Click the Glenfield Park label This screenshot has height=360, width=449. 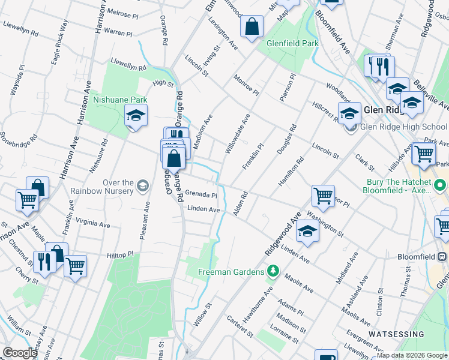294,44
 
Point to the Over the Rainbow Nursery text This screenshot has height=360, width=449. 110,187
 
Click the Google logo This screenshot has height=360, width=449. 20,353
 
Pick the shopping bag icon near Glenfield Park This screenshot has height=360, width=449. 252,26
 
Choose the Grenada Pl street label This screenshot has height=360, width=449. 200,195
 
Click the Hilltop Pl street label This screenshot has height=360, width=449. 120,255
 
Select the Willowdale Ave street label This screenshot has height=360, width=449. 237,134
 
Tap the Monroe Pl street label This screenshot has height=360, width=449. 246,86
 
